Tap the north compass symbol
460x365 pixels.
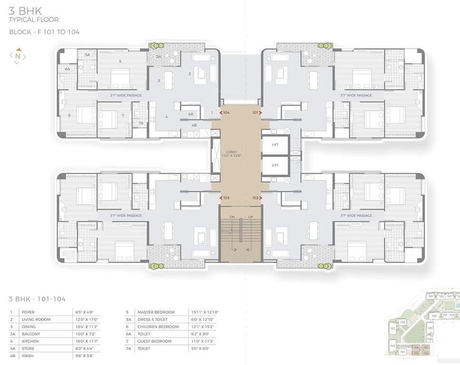(x=18, y=56)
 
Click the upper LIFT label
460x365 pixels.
(x=275, y=144)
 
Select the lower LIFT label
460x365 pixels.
(x=275, y=165)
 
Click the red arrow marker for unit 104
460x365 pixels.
(x=221, y=113)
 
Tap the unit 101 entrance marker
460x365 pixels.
(x=260, y=113)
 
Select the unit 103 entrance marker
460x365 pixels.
(x=221, y=198)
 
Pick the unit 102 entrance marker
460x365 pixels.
(x=260, y=198)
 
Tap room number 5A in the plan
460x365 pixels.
(x=87, y=55)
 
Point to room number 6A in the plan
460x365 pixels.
(x=67, y=69)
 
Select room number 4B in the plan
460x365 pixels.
(x=194, y=125)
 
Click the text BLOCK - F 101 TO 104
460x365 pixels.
(x=44, y=32)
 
